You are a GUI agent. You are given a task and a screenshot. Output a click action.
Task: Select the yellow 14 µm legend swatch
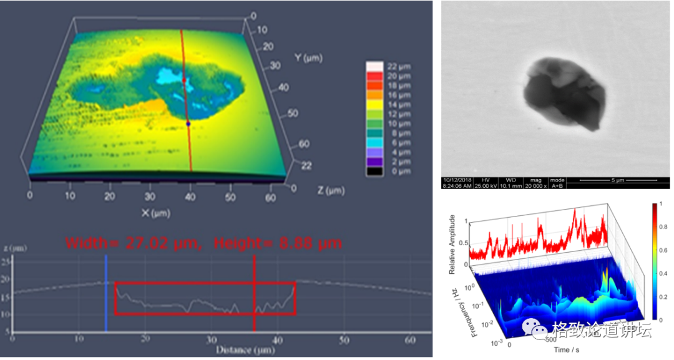(x=374, y=105)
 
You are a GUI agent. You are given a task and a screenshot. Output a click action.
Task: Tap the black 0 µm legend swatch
(x=374, y=170)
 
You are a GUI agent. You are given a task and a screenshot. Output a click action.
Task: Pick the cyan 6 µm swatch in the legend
(x=374, y=142)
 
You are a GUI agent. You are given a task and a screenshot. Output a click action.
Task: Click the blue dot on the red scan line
(x=188, y=124)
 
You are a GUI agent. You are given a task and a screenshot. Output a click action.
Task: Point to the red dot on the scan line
(x=184, y=80)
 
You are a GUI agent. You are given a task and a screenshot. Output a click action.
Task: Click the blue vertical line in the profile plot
(x=106, y=293)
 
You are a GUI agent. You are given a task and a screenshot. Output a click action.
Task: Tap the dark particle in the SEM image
(x=564, y=94)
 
